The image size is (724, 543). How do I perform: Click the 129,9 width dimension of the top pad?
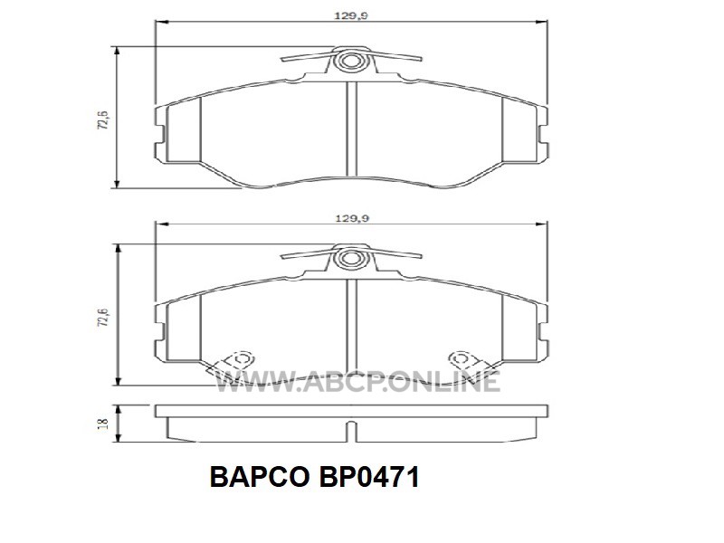point(351,15)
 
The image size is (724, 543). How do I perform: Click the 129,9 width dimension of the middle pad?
point(351,218)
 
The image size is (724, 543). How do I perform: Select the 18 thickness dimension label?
point(103,424)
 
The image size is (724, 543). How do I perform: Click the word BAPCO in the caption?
point(260,477)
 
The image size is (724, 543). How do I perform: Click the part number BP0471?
point(369,477)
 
